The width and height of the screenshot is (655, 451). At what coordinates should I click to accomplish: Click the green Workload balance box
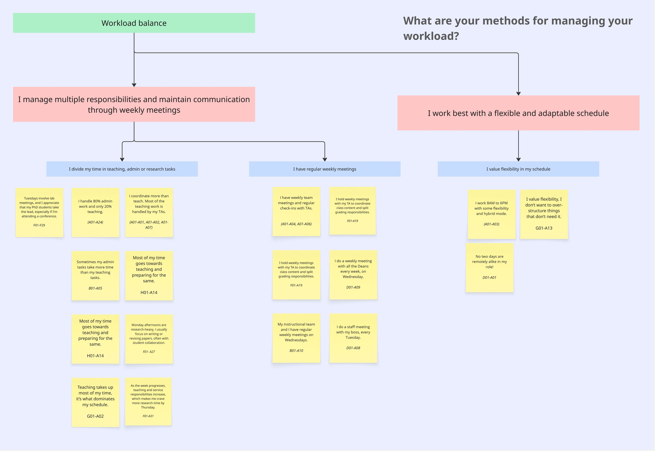point(134,23)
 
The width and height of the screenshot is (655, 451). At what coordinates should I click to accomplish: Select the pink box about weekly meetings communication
point(134,104)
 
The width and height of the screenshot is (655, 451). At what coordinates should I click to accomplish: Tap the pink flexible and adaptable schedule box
point(518,113)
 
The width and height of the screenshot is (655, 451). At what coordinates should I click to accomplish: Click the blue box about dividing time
point(122,169)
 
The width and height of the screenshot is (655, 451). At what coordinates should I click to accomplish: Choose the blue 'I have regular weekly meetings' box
point(325,169)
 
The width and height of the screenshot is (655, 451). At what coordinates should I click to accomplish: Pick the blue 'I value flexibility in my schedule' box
point(518,169)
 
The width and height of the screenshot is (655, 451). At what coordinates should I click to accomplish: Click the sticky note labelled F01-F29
point(39,212)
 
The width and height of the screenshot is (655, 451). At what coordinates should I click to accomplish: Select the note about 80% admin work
point(96,212)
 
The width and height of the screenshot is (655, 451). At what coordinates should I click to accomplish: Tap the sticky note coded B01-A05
point(96,276)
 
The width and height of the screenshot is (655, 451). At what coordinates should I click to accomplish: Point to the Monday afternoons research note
point(149,339)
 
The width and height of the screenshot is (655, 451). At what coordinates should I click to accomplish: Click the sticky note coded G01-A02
point(96,402)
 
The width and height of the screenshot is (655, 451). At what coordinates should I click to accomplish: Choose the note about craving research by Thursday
point(148,401)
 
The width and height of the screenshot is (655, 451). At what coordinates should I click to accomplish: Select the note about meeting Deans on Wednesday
point(353,274)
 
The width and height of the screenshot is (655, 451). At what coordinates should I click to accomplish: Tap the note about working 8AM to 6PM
point(491,214)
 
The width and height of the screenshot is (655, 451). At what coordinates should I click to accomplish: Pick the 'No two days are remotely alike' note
point(490,267)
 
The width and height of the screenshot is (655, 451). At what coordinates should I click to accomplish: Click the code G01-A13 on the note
point(544,228)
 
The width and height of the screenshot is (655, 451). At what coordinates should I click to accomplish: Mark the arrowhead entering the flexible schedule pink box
point(518,94)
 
